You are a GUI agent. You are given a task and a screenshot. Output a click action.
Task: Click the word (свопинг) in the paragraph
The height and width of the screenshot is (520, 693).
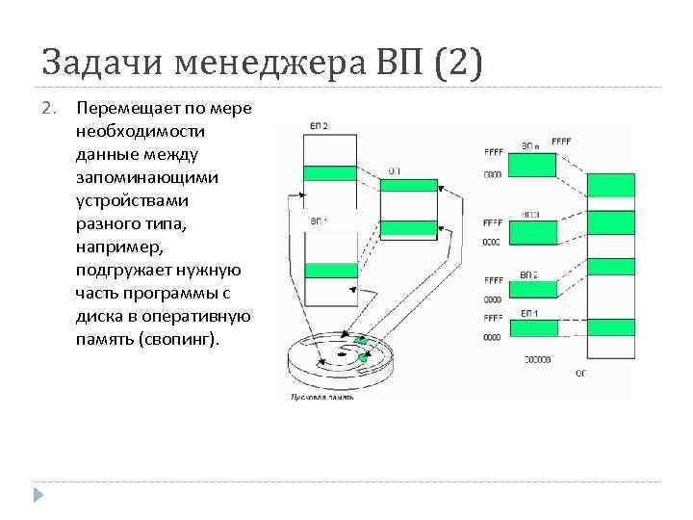pos(179,340)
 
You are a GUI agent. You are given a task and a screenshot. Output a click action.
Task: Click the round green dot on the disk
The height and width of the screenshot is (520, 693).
pos(363,357)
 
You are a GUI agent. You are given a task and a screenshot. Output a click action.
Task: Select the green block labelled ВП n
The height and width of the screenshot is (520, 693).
pos(610,184)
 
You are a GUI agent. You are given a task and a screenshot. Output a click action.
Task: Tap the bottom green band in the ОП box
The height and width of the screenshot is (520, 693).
pos(408,229)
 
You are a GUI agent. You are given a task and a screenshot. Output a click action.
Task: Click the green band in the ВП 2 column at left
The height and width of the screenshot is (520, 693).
pos(329,173)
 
